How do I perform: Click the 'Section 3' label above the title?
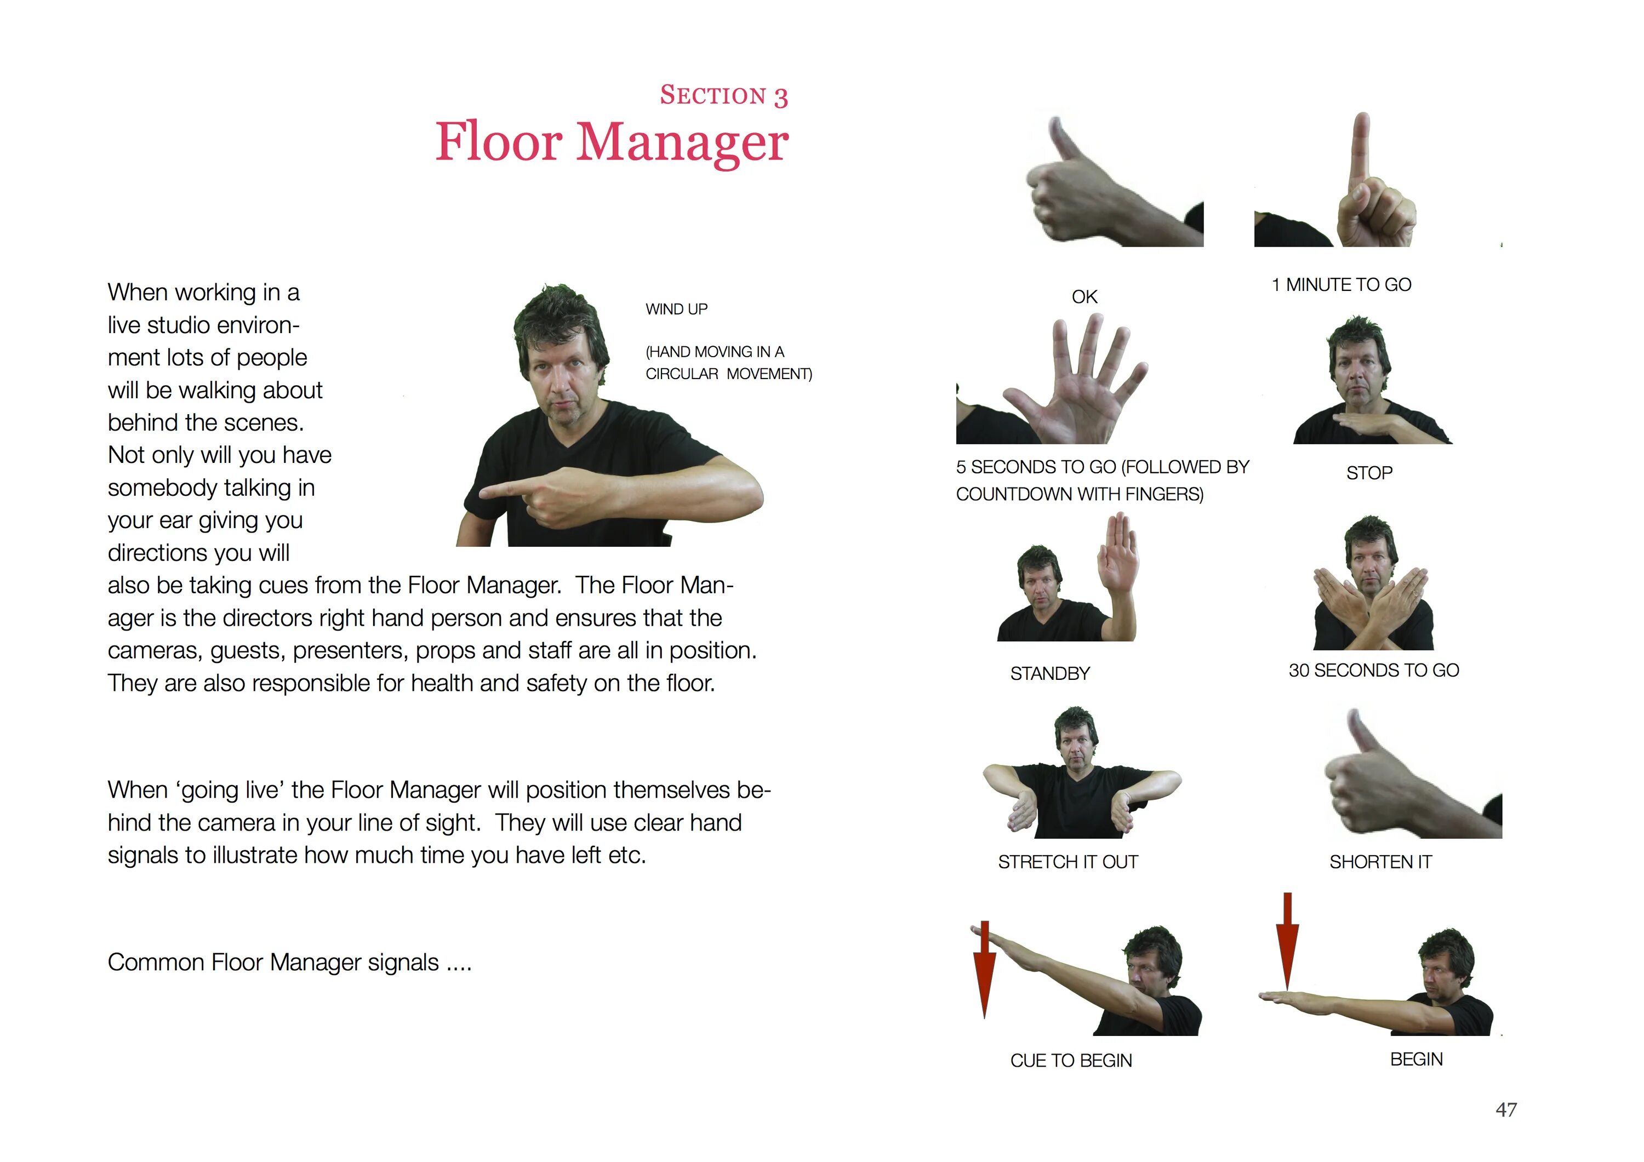[x=723, y=95]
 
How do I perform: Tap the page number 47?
[x=1506, y=1110]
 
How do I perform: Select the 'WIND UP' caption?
[x=676, y=310]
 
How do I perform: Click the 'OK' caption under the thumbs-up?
[x=1084, y=296]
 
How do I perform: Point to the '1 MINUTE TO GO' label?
[x=1341, y=285]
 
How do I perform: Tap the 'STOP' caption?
[x=1369, y=473]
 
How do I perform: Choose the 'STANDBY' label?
[x=1050, y=674]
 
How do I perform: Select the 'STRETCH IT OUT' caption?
[x=1068, y=862]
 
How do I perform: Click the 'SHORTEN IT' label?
[x=1380, y=862]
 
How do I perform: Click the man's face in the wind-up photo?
[x=558, y=380]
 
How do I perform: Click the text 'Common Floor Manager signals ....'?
[x=289, y=962]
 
